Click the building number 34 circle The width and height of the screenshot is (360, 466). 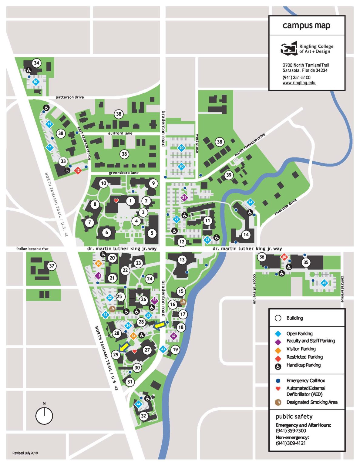[37, 63]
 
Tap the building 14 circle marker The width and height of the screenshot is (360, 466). [246, 235]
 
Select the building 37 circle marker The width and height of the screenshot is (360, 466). [52, 266]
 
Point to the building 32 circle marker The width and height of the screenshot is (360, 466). [143, 416]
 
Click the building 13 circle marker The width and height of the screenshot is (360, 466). [182, 259]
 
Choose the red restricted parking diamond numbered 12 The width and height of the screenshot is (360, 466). [78, 171]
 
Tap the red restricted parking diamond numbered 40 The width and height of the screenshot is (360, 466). [284, 257]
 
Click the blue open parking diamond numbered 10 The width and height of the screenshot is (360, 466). [36, 82]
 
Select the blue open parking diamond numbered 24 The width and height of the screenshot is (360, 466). [250, 202]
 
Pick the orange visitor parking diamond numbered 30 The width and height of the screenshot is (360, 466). [98, 264]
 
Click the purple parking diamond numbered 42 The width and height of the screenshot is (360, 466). [173, 336]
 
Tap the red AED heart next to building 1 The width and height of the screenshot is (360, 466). [116, 201]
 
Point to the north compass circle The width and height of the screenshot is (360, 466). [44, 416]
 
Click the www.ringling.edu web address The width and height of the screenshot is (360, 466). [299, 83]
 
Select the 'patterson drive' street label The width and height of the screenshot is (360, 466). [70, 97]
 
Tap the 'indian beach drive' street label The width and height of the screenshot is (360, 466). [32, 249]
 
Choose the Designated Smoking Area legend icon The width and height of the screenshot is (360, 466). [278, 402]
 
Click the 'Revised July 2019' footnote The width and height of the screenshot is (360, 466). [25, 453]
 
